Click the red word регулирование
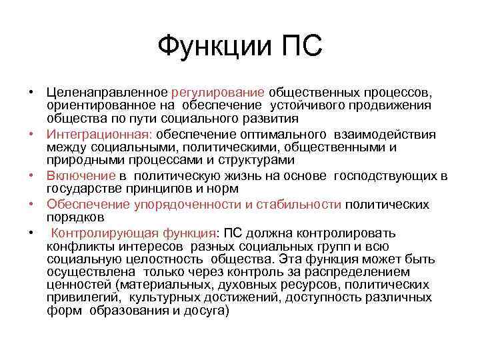pyautogui.click(x=218, y=91)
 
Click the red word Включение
pyautogui.click(x=81, y=175)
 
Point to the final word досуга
pyautogui.click(x=209, y=311)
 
